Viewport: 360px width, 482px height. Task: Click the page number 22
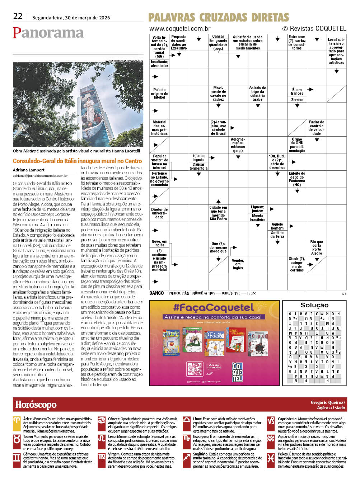pyautogui.click(x=18, y=16)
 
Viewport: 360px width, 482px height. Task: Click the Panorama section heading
pyautogui.click(x=48, y=33)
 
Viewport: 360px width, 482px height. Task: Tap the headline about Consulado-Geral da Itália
pyautogui.click(x=77, y=161)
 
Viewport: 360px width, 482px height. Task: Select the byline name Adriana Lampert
pyautogui.click(x=29, y=170)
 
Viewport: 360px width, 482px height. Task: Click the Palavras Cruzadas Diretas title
pyautogui.click(x=219, y=18)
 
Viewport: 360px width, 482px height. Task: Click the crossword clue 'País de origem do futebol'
pyautogui.click(x=159, y=94)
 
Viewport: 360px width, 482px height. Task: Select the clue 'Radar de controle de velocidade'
pyautogui.click(x=316, y=128)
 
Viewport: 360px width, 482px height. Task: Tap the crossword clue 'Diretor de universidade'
pyautogui.click(x=159, y=213)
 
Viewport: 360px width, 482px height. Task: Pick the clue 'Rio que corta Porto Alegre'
pyautogui.click(x=317, y=247)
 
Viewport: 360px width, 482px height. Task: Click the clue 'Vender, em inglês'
pyautogui.click(x=238, y=264)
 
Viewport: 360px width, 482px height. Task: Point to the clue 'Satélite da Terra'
pyautogui.click(x=277, y=235)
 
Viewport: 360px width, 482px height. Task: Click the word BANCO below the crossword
pyautogui.click(x=156, y=293)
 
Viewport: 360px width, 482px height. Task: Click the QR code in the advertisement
pyautogui.click(x=195, y=369)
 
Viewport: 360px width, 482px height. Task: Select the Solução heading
pyautogui.click(x=314, y=305)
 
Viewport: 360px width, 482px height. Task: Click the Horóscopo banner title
pyautogui.click(x=36, y=405)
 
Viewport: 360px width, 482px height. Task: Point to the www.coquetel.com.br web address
pyautogui.click(x=180, y=29)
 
